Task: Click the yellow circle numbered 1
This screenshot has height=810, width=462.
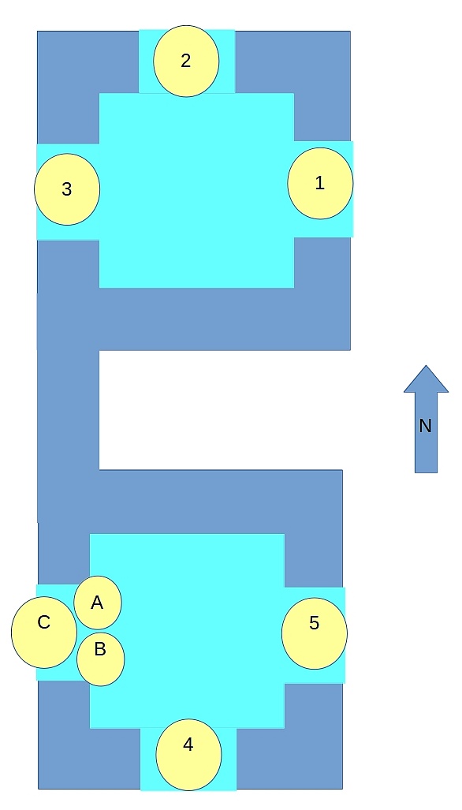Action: point(320,184)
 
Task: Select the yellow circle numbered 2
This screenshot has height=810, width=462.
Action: point(186,61)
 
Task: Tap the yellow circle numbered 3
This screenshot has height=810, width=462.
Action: point(67,189)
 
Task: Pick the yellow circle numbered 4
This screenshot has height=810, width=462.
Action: point(188,755)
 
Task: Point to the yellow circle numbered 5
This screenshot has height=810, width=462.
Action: point(315,633)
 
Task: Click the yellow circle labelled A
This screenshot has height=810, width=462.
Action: point(98,603)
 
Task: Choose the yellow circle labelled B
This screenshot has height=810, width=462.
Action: point(101,659)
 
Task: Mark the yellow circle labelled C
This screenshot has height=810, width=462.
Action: point(44,633)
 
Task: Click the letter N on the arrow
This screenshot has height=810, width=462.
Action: point(426,426)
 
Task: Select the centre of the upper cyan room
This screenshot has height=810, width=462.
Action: point(196,191)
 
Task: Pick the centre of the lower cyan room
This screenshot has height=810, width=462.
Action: point(188,631)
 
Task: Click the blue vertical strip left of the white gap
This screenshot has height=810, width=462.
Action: point(68,410)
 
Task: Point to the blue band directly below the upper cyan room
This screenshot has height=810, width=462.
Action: point(194,319)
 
